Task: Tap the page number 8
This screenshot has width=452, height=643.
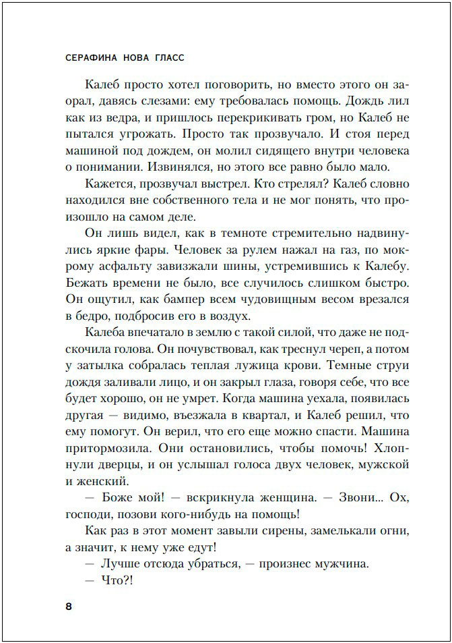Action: [x=69, y=605]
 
